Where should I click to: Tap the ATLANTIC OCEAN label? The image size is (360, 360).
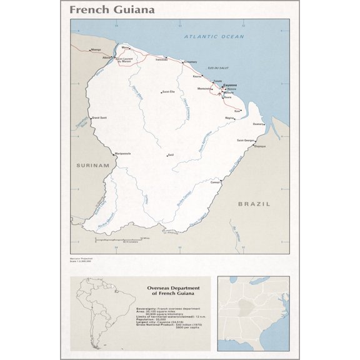click(x=214, y=37)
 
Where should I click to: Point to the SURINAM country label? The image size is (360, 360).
click(x=92, y=165)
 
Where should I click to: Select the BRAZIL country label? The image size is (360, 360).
click(x=254, y=204)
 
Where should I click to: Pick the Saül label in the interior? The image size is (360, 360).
click(x=169, y=155)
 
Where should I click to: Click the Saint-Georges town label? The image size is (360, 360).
click(x=245, y=140)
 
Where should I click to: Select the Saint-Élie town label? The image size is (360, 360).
click(x=167, y=92)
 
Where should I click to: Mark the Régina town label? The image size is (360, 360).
click(x=229, y=117)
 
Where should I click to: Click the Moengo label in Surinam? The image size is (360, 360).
click(x=95, y=49)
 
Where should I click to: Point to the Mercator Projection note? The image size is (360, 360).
click(x=81, y=258)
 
